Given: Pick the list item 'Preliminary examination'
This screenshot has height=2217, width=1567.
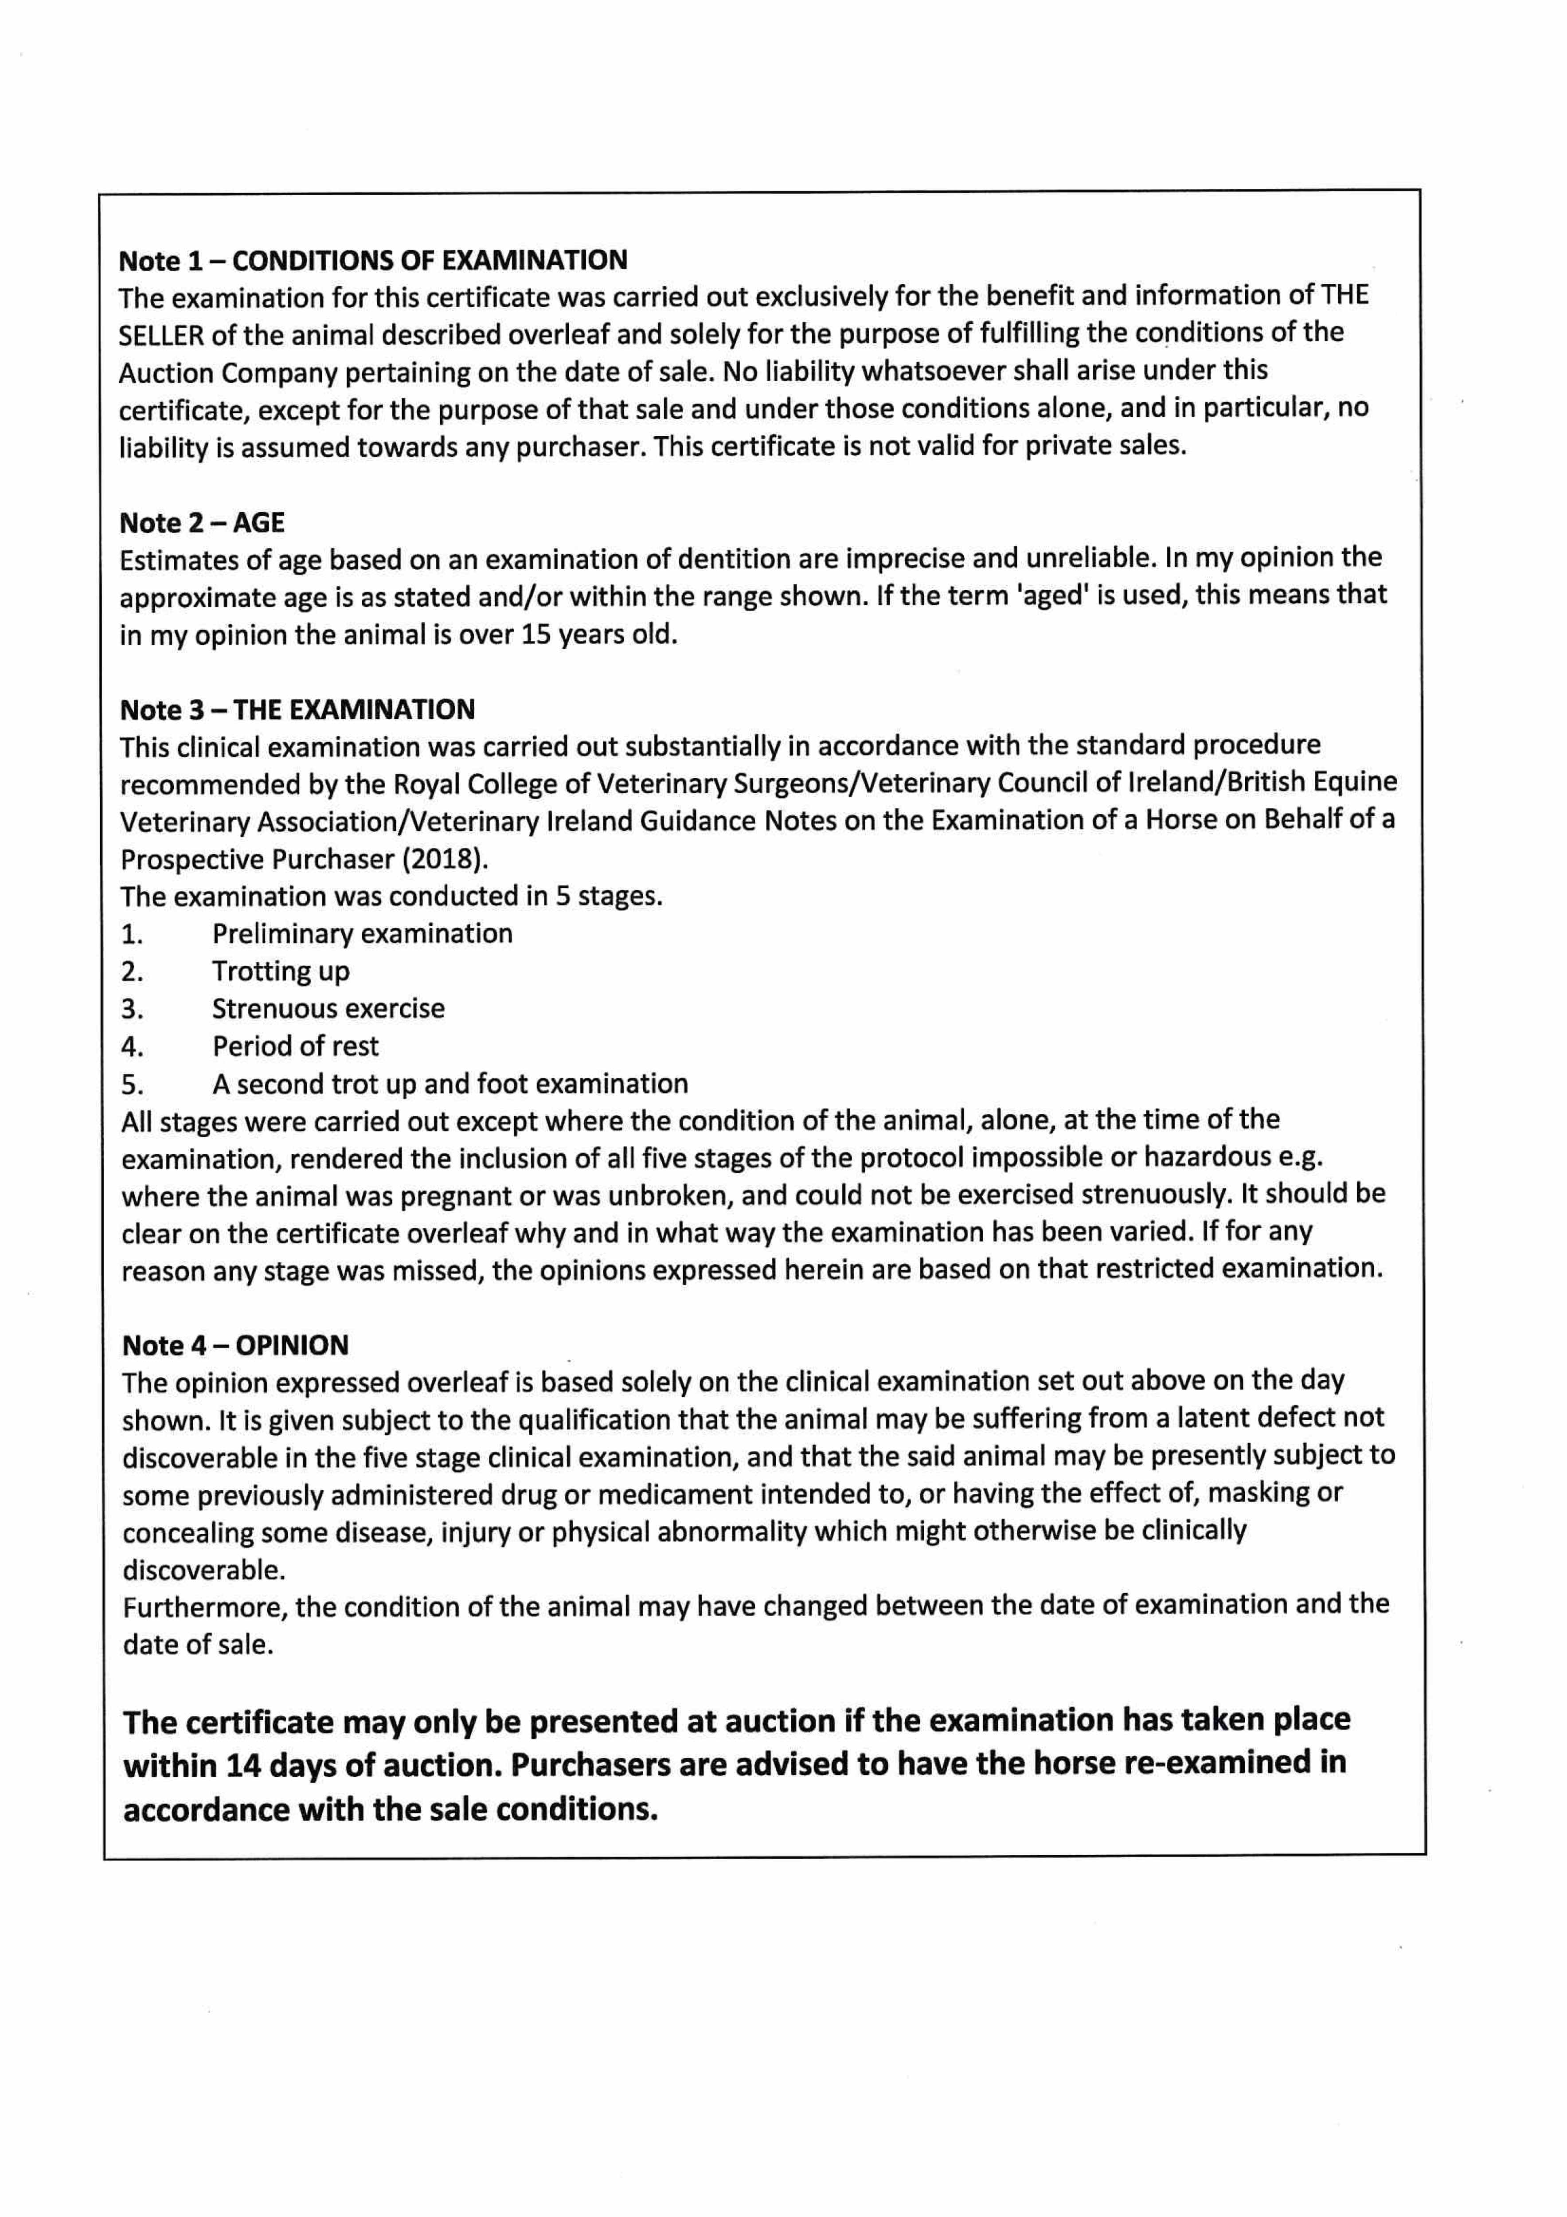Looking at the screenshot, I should pos(362,934).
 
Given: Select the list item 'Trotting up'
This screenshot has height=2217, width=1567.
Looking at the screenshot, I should pos(281,971).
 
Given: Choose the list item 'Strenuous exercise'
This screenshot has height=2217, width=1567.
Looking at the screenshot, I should pos(328,1009).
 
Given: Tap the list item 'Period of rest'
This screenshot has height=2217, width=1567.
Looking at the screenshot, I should pos(295,1047).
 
